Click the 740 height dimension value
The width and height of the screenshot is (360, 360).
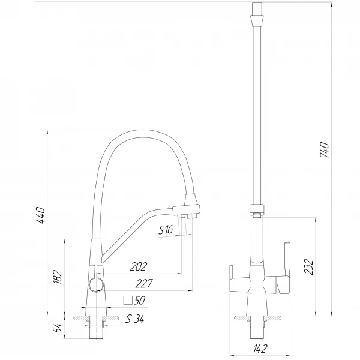coord(325,151)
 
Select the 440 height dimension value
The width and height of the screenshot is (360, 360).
coord(40,215)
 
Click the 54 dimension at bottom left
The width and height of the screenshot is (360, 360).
coord(58,328)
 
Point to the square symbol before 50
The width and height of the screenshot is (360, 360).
coord(127,301)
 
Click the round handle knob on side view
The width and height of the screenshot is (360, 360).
coord(94,284)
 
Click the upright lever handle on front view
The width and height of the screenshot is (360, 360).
coord(286,258)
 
